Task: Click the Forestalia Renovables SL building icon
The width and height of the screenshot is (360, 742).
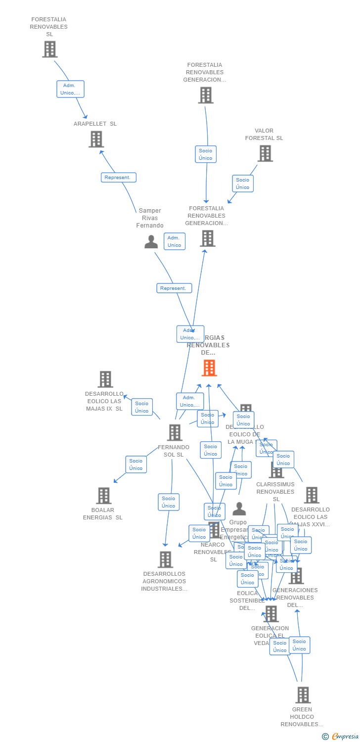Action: (49, 49)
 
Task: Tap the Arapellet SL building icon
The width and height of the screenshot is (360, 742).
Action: (96, 139)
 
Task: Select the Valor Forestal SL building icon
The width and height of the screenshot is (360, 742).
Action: (265, 153)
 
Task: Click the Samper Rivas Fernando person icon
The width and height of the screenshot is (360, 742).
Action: (151, 242)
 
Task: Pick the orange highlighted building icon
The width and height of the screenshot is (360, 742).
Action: (209, 368)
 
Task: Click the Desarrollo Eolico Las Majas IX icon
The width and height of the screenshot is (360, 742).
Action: (105, 379)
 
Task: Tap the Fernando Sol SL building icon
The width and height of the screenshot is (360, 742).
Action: (175, 432)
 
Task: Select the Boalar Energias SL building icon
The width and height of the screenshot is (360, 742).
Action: (103, 495)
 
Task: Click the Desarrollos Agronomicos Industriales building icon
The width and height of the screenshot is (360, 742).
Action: (165, 559)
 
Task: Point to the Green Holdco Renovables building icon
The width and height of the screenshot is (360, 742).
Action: (303, 695)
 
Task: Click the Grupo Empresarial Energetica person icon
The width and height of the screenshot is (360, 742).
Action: (239, 509)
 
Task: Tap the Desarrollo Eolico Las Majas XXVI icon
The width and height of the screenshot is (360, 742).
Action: (312, 495)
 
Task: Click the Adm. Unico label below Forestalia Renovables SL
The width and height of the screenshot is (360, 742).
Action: (70, 89)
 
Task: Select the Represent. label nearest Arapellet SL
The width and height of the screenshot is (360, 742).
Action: (119, 178)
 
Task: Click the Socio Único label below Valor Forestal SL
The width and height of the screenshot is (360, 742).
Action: (243, 184)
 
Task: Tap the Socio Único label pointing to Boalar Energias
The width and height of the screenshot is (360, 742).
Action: (136, 464)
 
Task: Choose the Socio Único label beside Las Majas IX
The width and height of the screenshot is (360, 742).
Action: (142, 407)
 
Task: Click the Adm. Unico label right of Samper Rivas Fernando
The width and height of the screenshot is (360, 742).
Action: (175, 241)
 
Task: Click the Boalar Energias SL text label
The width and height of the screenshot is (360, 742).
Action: (103, 514)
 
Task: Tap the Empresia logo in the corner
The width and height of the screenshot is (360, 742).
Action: (341, 737)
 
